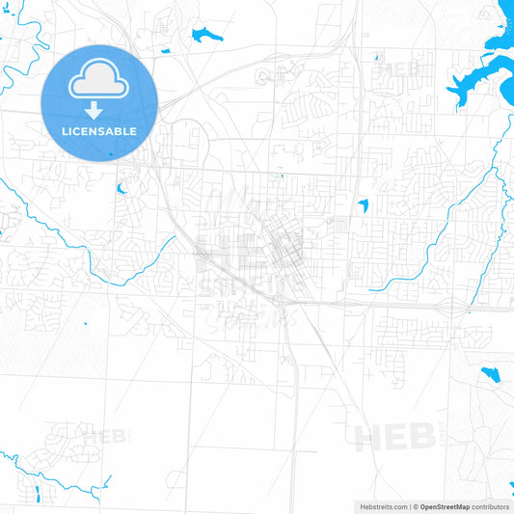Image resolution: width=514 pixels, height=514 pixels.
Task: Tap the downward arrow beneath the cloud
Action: click(x=99, y=110)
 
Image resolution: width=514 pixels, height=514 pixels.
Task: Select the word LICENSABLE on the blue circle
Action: click(x=99, y=131)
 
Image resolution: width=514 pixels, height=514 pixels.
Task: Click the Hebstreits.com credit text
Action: click(x=382, y=506)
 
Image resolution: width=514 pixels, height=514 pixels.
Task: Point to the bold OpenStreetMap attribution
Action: click(x=445, y=506)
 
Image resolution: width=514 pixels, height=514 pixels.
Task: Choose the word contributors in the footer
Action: click(x=491, y=506)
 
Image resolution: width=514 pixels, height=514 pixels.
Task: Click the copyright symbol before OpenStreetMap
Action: click(x=416, y=506)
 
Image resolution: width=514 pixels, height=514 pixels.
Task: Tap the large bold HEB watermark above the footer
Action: click(x=394, y=437)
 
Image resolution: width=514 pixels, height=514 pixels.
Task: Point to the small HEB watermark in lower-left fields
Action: click(x=106, y=436)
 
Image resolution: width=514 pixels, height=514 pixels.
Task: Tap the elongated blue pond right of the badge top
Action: click(x=205, y=36)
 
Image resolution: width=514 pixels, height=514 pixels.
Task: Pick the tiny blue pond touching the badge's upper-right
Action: click(x=165, y=50)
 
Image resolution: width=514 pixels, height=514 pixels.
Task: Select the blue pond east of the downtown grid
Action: click(x=363, y=205)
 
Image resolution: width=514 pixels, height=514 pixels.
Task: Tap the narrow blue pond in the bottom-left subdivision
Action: click(x=37, y=495)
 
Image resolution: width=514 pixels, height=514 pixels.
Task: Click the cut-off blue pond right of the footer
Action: click(x=509, y=493)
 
